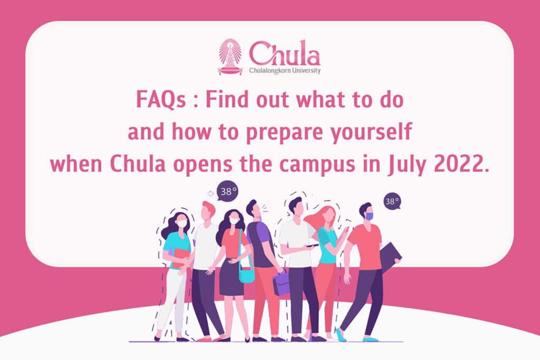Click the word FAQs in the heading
[x=161, y=100]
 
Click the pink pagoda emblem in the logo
[x=230, y=57]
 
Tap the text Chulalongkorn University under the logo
[x=285, y=71]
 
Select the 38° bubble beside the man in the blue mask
[x=392, y=201]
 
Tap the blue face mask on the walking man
[x=369, y=216]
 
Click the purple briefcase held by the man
[x=282, y=283]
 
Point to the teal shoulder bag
[x=246, y=275]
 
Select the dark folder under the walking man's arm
[x=391, y=257]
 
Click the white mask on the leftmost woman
[x=181, y=223]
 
